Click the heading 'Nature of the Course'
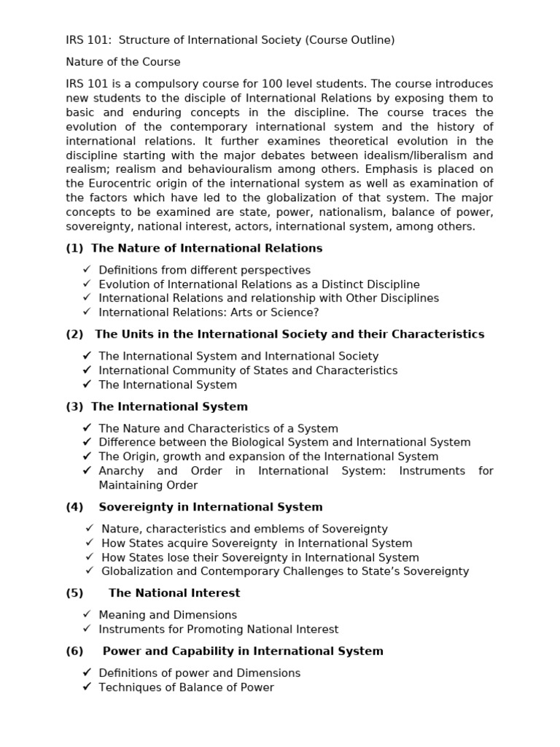[122, 62]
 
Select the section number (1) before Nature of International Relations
[74, 248]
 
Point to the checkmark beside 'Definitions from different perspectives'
[87, 270]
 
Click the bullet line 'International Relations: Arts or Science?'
[209, 312]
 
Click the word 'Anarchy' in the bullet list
[121, 471]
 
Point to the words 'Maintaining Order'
[148, 485]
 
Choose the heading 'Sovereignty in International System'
[210, 507]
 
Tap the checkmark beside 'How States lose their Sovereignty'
[90, 557]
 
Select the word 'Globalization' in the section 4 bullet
[137, 571]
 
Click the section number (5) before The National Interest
[74, 593]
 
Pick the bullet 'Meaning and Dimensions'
[168, 615]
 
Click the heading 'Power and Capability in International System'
[243, 651]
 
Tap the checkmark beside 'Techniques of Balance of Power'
[87, 687]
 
